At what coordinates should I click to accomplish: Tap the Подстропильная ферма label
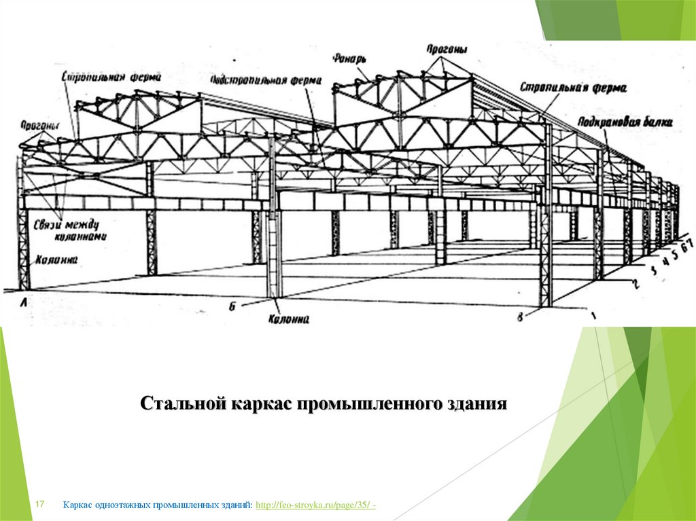click(x=266, y=79)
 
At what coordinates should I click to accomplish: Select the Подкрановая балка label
click(x=626, y=122)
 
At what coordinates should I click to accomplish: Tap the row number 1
click(x=593, y=315)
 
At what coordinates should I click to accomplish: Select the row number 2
click(x=636, y=284)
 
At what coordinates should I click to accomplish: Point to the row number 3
click(x=654, y=270)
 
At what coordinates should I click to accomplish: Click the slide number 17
click(x=39, y=504)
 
